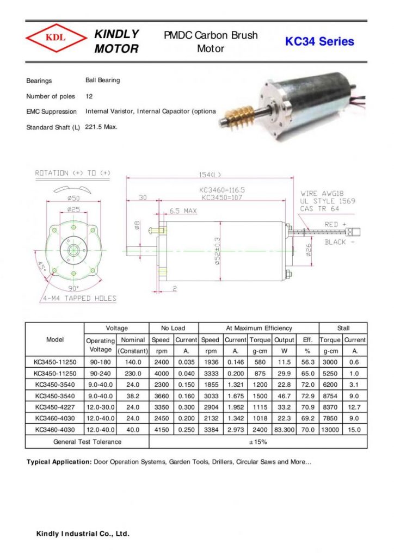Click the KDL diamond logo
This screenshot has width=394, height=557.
coord(56,38)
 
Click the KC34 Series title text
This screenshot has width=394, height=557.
coord(319,41)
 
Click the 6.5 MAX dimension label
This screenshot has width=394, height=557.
coord(183,211)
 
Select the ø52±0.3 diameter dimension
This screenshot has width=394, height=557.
coord(218,251)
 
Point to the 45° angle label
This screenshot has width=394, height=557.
coord(41,268)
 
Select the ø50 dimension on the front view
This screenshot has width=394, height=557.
coord(73,198)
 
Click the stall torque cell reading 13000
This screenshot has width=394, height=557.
coord(330,430)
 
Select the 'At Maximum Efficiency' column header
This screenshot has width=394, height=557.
coord(258,328)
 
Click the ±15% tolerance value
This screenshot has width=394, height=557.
coord(258,442)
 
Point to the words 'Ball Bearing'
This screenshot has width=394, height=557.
coord(102,81)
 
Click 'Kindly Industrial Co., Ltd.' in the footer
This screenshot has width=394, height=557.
coord(83,534)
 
